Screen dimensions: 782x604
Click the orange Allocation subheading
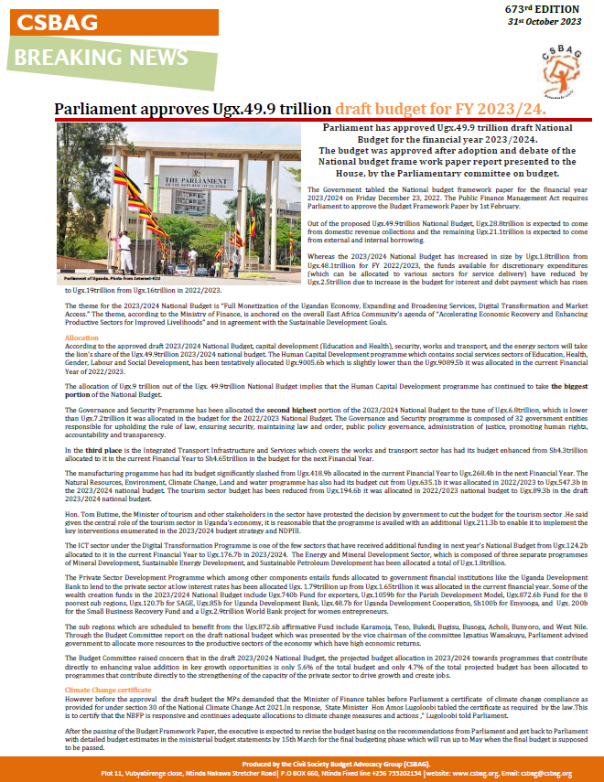click(x=81, y=338)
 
